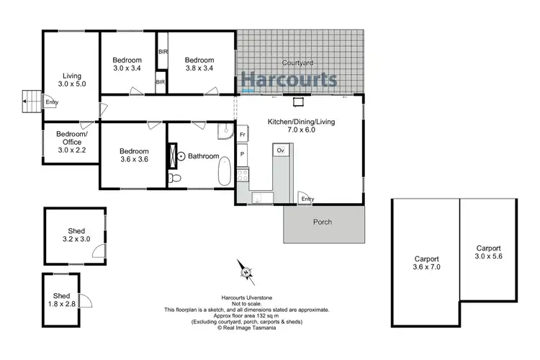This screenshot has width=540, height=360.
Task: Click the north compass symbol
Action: [x=246, y=272]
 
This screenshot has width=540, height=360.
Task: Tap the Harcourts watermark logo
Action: [x=289, y=79]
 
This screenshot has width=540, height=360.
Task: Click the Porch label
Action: [x=323, y=222]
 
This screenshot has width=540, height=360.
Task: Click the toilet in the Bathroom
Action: [x=174, y=178]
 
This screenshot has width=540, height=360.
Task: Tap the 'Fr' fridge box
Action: [x=243, y=135]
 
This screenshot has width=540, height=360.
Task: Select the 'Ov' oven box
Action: [x=281, y=150]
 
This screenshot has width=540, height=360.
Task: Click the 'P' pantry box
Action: [x=243, y=154]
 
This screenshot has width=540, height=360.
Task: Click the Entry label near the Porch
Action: [x=307, y=199]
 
